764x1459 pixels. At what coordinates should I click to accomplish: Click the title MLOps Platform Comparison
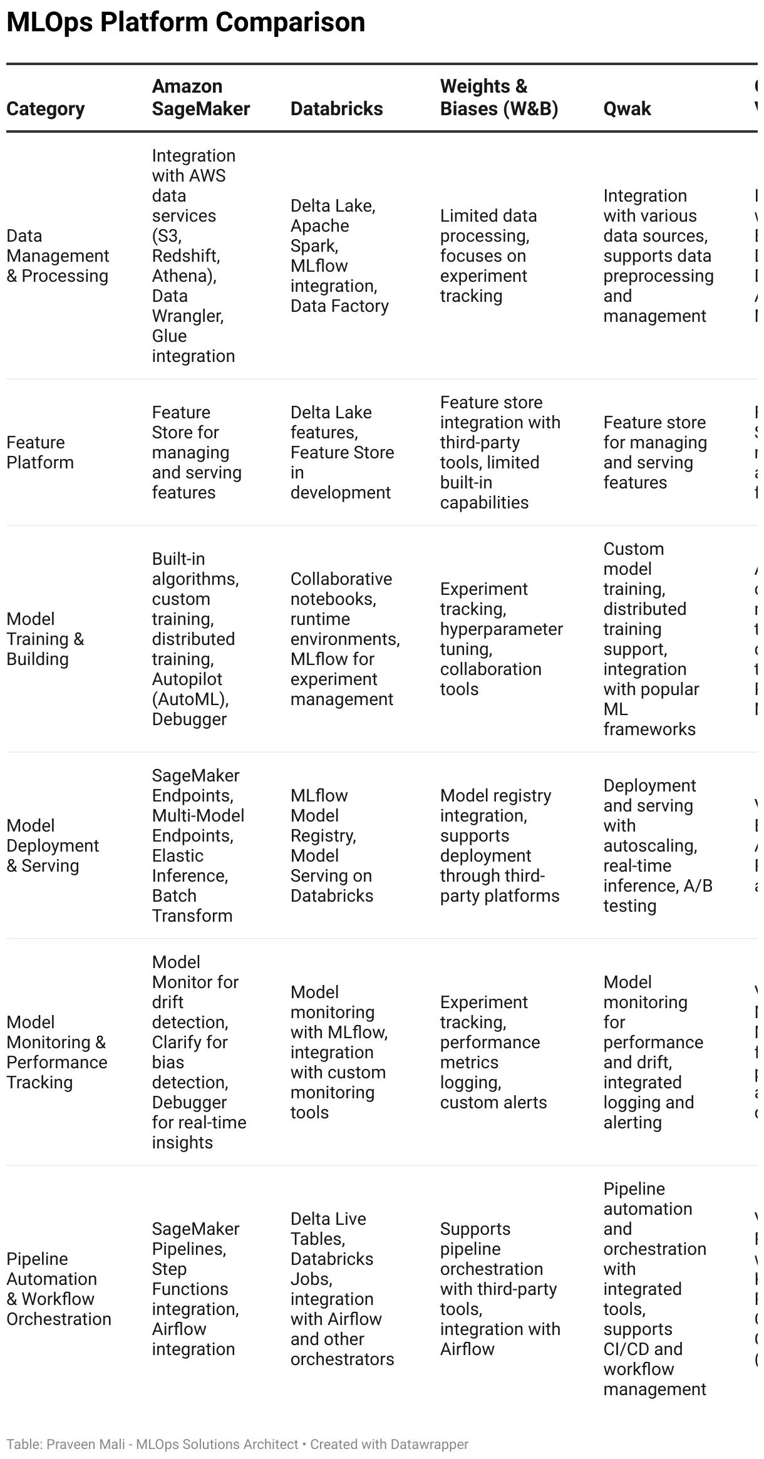(x=185, y=23)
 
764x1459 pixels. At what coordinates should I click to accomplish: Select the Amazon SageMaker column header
(x=200, y=98)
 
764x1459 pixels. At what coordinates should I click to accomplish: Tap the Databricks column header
(x=336, y=109)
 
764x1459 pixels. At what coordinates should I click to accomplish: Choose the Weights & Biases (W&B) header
(x=498, y=98)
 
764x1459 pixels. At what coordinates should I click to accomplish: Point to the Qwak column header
(x=627, y=109)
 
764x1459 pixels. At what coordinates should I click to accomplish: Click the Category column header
(x=45, y=109)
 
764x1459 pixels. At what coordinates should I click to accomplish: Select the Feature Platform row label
(x=40, y=452)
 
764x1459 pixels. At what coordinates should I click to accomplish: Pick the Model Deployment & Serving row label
(x=53, y=845)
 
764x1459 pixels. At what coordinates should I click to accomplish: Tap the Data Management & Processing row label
(x=58, y=255)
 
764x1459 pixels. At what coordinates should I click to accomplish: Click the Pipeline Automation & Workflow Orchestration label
(x=59, y=1289)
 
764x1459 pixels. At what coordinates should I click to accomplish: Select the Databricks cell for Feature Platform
(x=342, y=452)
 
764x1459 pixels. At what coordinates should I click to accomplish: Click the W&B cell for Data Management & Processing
(x=488, y=255)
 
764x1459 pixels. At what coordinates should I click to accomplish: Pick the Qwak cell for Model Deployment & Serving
(x=658, y=845)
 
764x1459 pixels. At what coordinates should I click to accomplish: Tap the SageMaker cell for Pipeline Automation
(x=195, y=1289)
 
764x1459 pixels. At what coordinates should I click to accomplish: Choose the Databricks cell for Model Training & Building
(x=344, y=639)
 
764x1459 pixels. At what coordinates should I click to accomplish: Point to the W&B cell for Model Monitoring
(x=493, y=1052)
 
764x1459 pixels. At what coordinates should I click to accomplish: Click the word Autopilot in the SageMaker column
(x=187, y=679)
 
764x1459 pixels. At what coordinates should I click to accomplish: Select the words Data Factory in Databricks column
(x=339, y=306)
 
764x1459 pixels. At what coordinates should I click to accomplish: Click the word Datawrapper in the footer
(x=429, y=1444)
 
